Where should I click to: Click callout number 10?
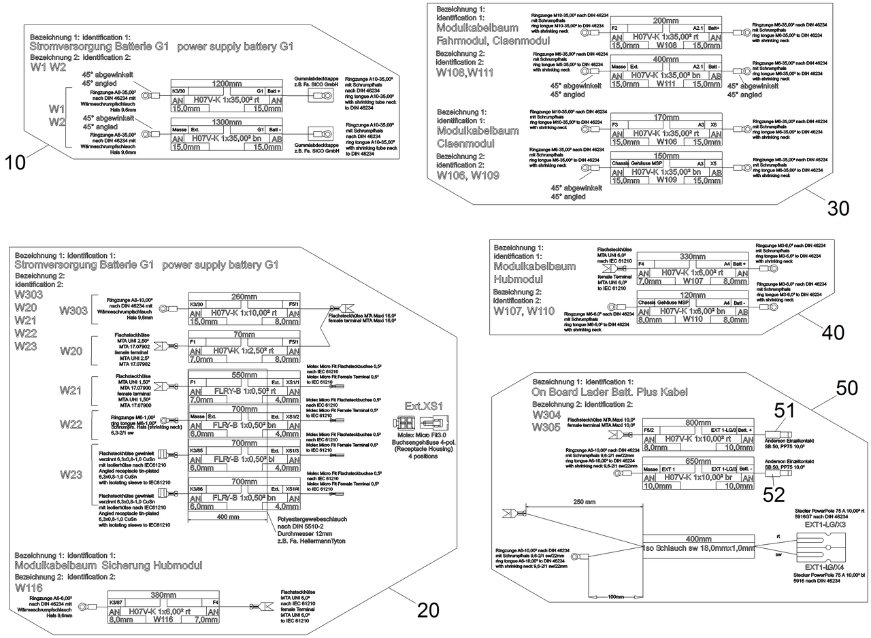pos(15,162)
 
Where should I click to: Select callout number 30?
pos(838,209)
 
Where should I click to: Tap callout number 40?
pos(833,333)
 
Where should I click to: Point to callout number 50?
pos(847,388)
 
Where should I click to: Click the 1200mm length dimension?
pos(227,84)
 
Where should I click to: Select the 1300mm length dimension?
pos(227,122)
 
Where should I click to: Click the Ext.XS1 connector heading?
pos(424,406)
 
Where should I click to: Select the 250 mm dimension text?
pos(585,501)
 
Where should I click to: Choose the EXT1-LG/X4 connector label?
pos(825,567)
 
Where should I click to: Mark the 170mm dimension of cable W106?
pos(666,117)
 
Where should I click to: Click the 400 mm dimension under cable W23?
pos(229,517)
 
